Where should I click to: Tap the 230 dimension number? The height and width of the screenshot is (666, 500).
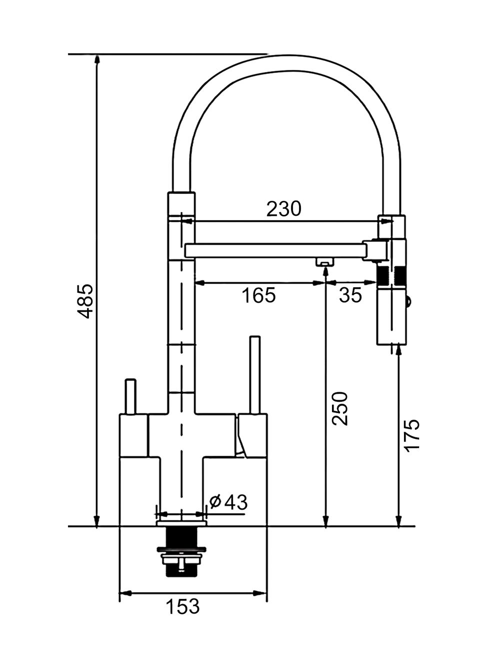[x=283, y=209]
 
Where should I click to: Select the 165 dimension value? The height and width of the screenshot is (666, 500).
[x=258, y=295]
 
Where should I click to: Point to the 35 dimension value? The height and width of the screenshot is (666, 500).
[x=350, y=295]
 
